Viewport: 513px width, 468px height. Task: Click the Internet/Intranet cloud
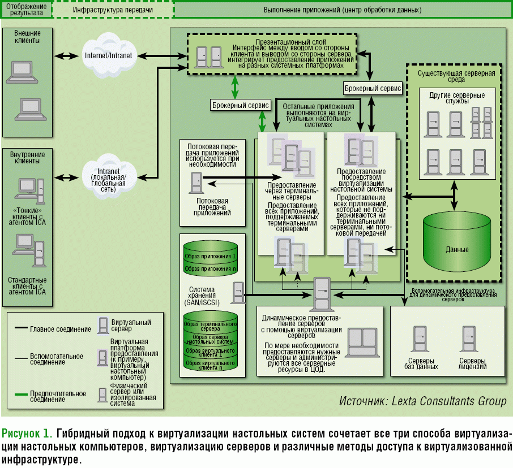pos(108,55)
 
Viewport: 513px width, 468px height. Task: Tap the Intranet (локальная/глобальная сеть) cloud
pos(108,177)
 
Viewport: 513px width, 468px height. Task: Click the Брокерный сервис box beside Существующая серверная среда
pos(373,88)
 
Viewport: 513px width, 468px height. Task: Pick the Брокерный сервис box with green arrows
pos(241,105)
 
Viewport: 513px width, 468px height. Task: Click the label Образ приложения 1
pos(210,257)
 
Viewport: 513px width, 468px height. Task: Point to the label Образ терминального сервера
pos(210,326)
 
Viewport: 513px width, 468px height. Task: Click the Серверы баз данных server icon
pos(420,339)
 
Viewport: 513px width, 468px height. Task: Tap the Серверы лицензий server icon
pos(468,339)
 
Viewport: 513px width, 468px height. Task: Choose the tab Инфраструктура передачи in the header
pos(113,10)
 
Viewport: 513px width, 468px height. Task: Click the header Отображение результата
pos(25,10)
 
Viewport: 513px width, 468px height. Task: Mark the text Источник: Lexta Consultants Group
pos(422,401)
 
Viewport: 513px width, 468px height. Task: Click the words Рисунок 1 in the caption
pos(27,434)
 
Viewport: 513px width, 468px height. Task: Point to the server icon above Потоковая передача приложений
pos(196,181)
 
